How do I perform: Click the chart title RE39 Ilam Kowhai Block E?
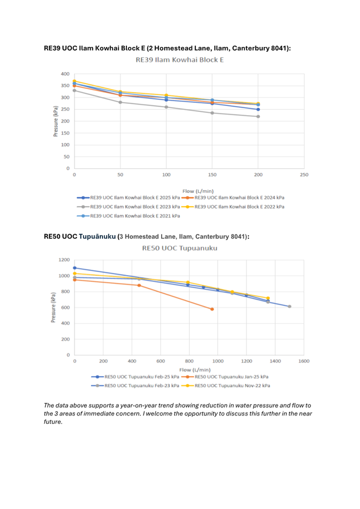pyautogui.click(x=179, y=60)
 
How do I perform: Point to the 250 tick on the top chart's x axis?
pyautogui.click(x=304, y=175)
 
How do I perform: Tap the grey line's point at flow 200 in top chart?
pyautogui.click(x=258, y=116)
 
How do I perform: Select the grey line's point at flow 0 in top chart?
pyautogui.click(x=74, y=90)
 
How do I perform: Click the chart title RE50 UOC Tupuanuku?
pyautogui.click(x=179, y=248)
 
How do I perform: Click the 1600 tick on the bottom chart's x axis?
pyautogui.click(x=304, y=361)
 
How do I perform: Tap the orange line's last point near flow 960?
pyautogui.click(x=212, y=309)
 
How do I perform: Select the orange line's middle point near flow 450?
pyautogui.click(x=139, y=285)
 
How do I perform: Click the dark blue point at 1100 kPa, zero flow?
pyautogui.click(x=75, y=268)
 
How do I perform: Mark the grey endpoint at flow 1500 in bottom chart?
pyautogui.click(x=289, y=306)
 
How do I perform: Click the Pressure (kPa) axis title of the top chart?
pyautogui.click(x=55, y=121)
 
